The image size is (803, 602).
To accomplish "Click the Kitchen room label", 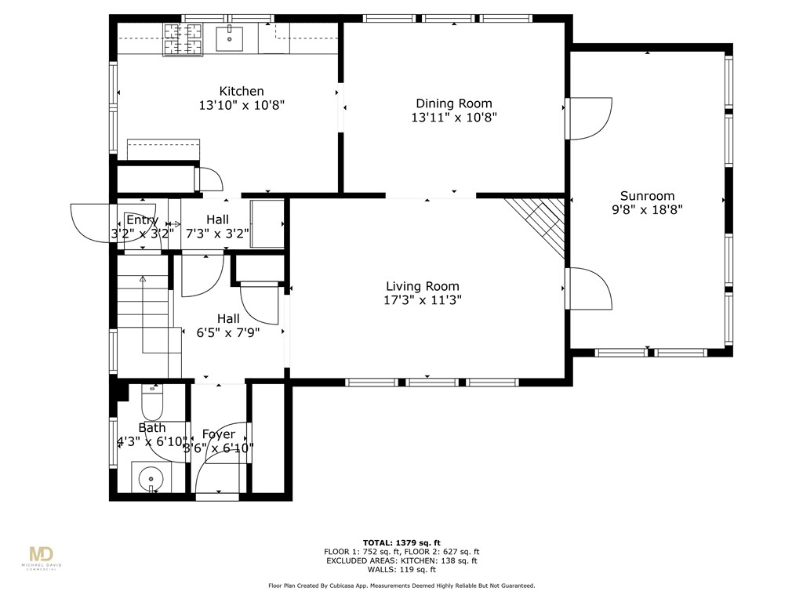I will (241, 91).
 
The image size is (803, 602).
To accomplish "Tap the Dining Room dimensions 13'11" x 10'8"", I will (453, 118).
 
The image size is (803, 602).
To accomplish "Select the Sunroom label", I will (647, 196).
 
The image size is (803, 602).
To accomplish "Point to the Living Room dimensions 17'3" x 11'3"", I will (422, 300).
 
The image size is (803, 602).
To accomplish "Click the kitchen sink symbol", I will (230, 38).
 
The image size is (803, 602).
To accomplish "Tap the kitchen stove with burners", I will (181, 39).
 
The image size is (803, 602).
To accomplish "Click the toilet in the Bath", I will (151, 403).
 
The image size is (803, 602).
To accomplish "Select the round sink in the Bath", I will (147, 476).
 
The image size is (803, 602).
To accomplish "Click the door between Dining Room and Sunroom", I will (587, 118).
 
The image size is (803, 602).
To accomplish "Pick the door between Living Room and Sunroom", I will (587, 290).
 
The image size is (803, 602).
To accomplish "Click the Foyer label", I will (218, 434).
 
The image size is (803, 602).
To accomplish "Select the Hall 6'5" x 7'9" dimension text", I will (227, 332).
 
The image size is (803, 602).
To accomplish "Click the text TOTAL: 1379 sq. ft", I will (401, 542).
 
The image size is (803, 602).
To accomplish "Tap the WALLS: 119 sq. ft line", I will (401, 570).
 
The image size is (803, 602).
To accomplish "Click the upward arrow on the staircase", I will (143, 279).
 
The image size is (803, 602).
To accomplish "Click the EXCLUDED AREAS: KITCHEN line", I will (401, 560).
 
